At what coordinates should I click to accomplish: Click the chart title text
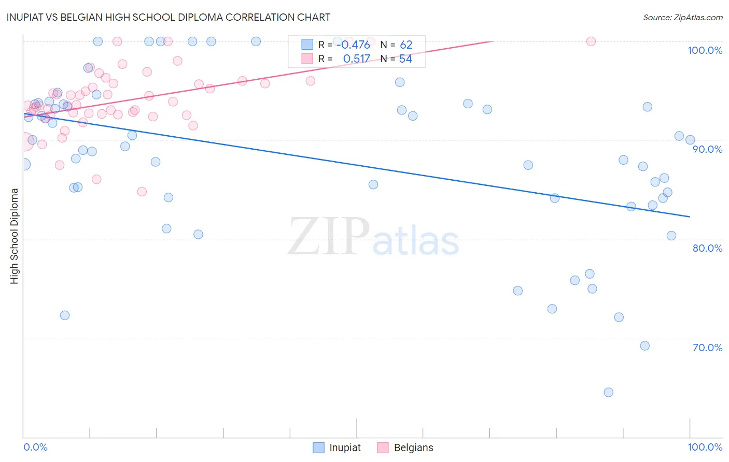(x=168, y=17)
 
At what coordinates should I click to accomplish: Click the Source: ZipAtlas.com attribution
(x=682, y=18)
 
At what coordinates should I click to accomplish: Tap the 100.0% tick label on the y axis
(x=705, y=50)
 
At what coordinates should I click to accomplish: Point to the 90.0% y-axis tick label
(x=707, y=149)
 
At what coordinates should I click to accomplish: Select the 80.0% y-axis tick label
(x=707, y=248)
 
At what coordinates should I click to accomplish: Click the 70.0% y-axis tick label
(x=707, y=348)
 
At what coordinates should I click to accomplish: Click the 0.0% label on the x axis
(x=35, y=447)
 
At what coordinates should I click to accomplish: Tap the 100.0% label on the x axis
(x=705, y=447)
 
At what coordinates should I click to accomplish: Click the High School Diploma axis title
(x=15, y=236)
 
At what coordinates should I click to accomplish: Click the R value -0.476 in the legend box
(x=353, y=45)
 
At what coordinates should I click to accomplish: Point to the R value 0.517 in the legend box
(x=356, y=59)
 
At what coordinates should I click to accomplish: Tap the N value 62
(x=406, y=45)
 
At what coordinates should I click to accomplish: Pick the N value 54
(x=405, y=59)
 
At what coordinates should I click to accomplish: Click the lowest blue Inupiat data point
(x=609, y=392)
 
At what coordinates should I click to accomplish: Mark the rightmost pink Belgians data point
(x=591, y=41)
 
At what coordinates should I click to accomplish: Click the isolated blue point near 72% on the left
(x=65, y=315)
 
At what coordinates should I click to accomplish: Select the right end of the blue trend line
(x=690, y=216)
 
